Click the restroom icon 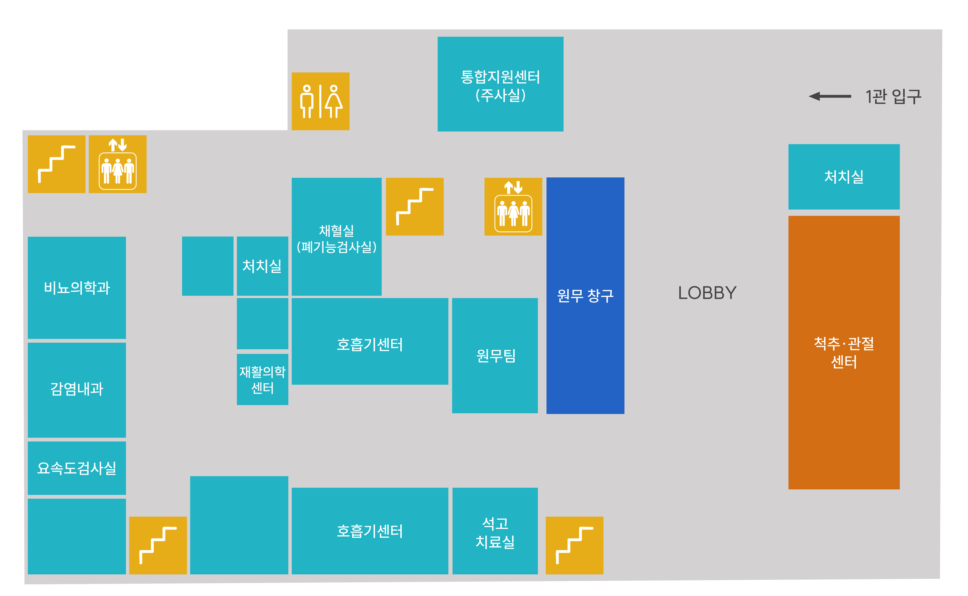pyautogui.click(x=320, y=101)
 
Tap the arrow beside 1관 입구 pyautogui.click(x=830, y=96)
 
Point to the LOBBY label pyautogui.click(x=707, y=293)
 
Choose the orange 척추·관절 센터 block pyautogui.click(x=844, y=352)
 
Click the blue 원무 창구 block pyautogui.click(x=585, y=296)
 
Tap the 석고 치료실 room pyautogui.click(x=495, y=531)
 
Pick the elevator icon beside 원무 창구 pyautogui.click(x=513, y=207)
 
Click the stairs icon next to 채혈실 pyautogui.click(x=415, y=207)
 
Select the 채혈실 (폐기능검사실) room pyautogui.click(x=337, y=236)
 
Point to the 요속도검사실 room pyautogui.click(x=77, y=468)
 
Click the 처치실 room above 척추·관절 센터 pyautogui.click(x=844, y=177)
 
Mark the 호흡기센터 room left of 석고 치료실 pyautogui.click(x=370, y=531)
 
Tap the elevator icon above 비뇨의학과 pyautogui.click(x=118, y=164)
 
